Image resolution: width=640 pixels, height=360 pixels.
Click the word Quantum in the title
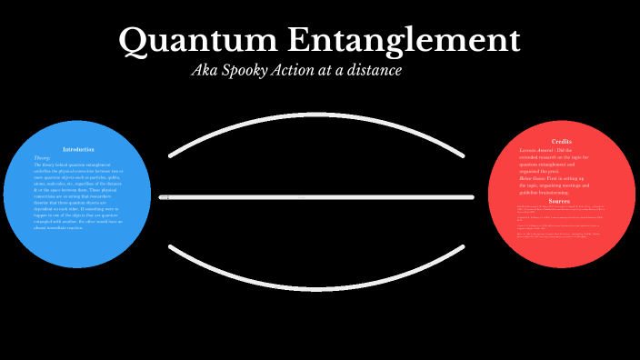coord(197,40)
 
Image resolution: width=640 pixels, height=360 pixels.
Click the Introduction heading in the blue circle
coord(78,149)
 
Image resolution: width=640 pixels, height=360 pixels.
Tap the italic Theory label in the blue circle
coord(42,157)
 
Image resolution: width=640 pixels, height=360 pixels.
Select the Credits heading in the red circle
coord(561,142)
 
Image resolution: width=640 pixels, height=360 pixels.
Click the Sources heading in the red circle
coord(561,201)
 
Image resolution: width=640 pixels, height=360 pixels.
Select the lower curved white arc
coord(320,270)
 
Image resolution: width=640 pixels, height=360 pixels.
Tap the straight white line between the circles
coord(320,197)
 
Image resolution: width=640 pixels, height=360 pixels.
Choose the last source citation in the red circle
coord(559,236)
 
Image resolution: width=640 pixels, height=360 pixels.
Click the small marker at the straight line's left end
coord(168,197)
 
